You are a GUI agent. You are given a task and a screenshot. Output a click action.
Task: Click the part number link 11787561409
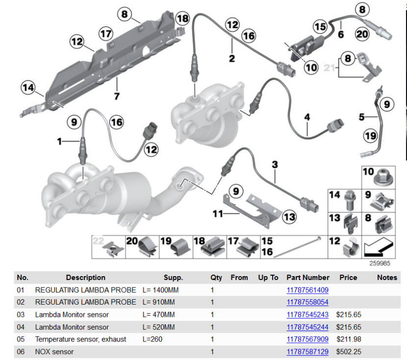(307, 290)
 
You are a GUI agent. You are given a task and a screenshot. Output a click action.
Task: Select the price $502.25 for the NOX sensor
(349, 352)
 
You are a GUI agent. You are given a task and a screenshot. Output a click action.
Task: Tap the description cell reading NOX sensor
(54, 352)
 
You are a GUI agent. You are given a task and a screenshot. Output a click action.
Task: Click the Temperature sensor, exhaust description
(80, 339)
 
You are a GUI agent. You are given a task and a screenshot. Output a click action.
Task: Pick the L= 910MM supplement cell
(158, 302)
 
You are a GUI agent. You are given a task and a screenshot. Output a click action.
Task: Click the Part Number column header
(308, 277)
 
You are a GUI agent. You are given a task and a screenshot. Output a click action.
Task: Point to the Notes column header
(387, 277)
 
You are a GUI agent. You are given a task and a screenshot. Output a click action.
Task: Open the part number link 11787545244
(307, 327)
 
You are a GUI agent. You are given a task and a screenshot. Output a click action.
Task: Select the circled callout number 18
(182, 19)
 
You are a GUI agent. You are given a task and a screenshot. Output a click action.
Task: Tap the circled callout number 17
(106, 33)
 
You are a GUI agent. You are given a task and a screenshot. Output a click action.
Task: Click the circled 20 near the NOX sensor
(362, 34)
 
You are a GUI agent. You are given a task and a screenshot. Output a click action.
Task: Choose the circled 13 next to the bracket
(289, 216)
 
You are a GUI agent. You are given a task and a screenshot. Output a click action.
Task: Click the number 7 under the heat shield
(117, 96)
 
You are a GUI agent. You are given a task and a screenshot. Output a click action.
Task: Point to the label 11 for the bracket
(217, 214)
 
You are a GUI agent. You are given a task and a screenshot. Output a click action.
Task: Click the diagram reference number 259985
(380, 263)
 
